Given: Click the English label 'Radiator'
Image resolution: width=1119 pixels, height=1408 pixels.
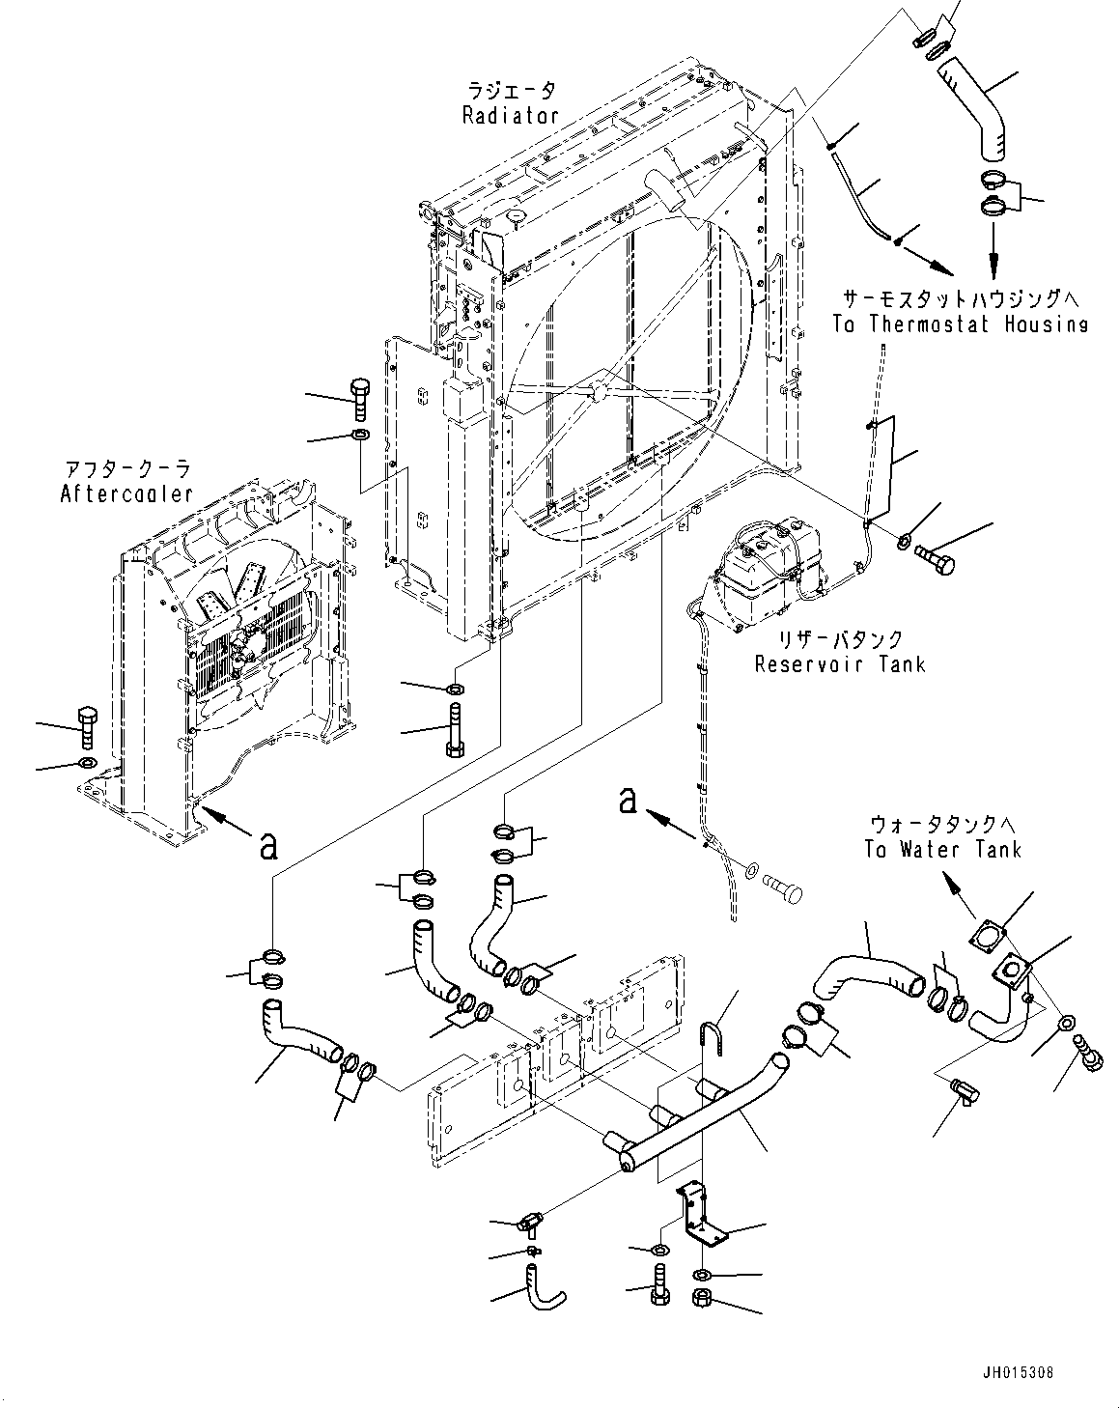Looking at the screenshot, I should point(510,116).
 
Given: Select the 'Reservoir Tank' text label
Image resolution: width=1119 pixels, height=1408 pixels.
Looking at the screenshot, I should point(839,663).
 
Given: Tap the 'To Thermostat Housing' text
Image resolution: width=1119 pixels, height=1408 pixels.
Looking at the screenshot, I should point(960,324).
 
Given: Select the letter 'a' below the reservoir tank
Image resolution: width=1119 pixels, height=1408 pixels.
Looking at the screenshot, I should point(629,800).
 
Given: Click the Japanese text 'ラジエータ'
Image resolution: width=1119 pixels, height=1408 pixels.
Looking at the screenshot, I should point(511,92).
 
